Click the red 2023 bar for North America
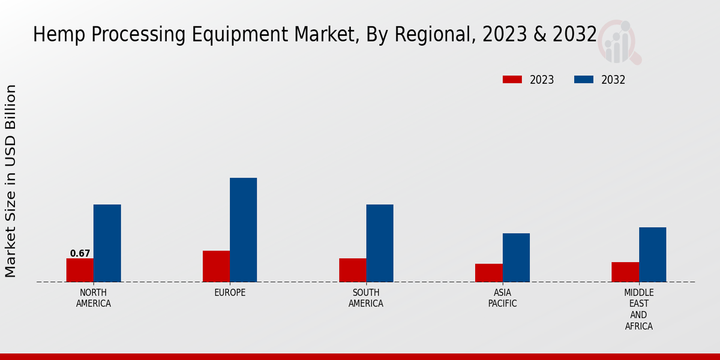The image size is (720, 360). point(80,270)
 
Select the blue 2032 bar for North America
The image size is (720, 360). point(107,243)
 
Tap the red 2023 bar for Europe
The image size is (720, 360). point(216,266)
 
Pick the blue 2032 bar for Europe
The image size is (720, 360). point(243,230)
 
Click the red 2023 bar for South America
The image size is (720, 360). point(353,270)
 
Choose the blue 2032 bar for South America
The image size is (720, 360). point(380,243)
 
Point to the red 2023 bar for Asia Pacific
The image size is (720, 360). point(489,273)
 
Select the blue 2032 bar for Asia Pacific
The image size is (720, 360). point(516,257)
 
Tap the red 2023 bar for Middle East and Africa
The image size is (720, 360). point(625,272)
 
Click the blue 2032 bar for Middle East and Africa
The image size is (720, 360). point(652,254)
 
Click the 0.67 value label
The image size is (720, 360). point(80,254)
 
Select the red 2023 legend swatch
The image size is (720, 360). point(512,80)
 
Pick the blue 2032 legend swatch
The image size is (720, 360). point(584,80)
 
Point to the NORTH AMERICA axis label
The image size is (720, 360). point(94,298)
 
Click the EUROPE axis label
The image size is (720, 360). point(230,293)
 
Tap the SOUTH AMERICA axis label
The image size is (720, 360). point(366,298)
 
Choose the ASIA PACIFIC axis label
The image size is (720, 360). point(503,298)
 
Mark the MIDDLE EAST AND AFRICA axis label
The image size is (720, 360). point(639,310)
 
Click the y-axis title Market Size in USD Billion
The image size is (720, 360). point(11,181)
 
